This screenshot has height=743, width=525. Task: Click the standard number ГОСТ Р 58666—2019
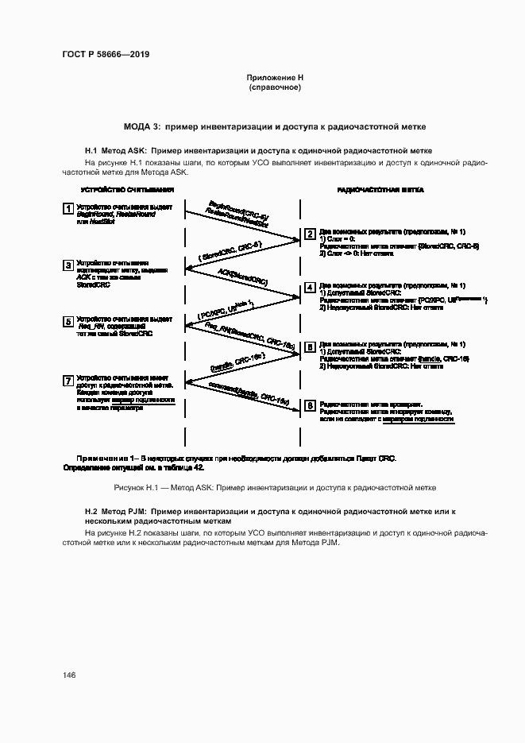point(106,54)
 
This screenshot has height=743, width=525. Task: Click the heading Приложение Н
point(275,77)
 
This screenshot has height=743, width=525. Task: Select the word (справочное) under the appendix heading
point(275,87)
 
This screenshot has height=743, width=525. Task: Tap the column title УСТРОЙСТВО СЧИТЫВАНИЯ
point(127,191)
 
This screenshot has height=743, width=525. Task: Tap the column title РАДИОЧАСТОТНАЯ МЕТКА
point(380,191)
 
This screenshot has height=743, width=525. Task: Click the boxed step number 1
point(68,208)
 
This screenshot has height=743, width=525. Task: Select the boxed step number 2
point(310,234)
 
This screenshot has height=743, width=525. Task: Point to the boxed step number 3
point(68,265)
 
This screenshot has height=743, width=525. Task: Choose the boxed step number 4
point(310,288)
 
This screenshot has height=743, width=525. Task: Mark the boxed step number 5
point(68,321)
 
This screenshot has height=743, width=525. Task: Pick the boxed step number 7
point(68,380)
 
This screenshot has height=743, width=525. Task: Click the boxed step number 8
point(310,405)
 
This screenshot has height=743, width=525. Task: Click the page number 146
point(69,675)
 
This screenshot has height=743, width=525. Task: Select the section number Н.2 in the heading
point(91,512)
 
